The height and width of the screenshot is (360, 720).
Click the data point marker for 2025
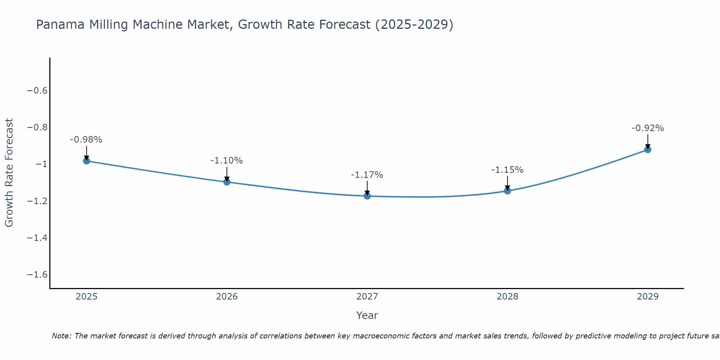[86, 161]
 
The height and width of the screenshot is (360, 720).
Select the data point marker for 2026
[227, 182]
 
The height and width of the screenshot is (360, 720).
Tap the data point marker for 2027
[367, 196]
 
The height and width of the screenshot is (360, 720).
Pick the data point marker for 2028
[507, 190]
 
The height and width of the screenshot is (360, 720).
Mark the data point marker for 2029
[648, 149]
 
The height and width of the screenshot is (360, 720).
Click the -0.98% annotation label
[86, 140]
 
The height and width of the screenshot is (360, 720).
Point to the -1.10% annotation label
[227, 161]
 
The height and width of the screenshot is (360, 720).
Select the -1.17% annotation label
[367, 175]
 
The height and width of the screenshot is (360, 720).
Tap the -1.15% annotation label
[507, 170]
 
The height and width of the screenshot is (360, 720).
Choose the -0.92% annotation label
[648, 128]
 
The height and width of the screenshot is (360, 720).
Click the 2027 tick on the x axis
[367, 297]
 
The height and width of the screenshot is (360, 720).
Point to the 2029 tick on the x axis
[648, 297]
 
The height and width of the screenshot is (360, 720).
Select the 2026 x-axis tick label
[227, 297]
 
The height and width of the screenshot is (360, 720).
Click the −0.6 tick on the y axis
[37, 90]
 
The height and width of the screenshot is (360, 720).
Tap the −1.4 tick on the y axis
[37, 238]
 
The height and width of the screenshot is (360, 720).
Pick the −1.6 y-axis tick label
[37, 274]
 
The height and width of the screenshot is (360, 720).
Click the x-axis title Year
[367, 315]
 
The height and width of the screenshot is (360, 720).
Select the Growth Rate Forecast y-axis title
[9, 172]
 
